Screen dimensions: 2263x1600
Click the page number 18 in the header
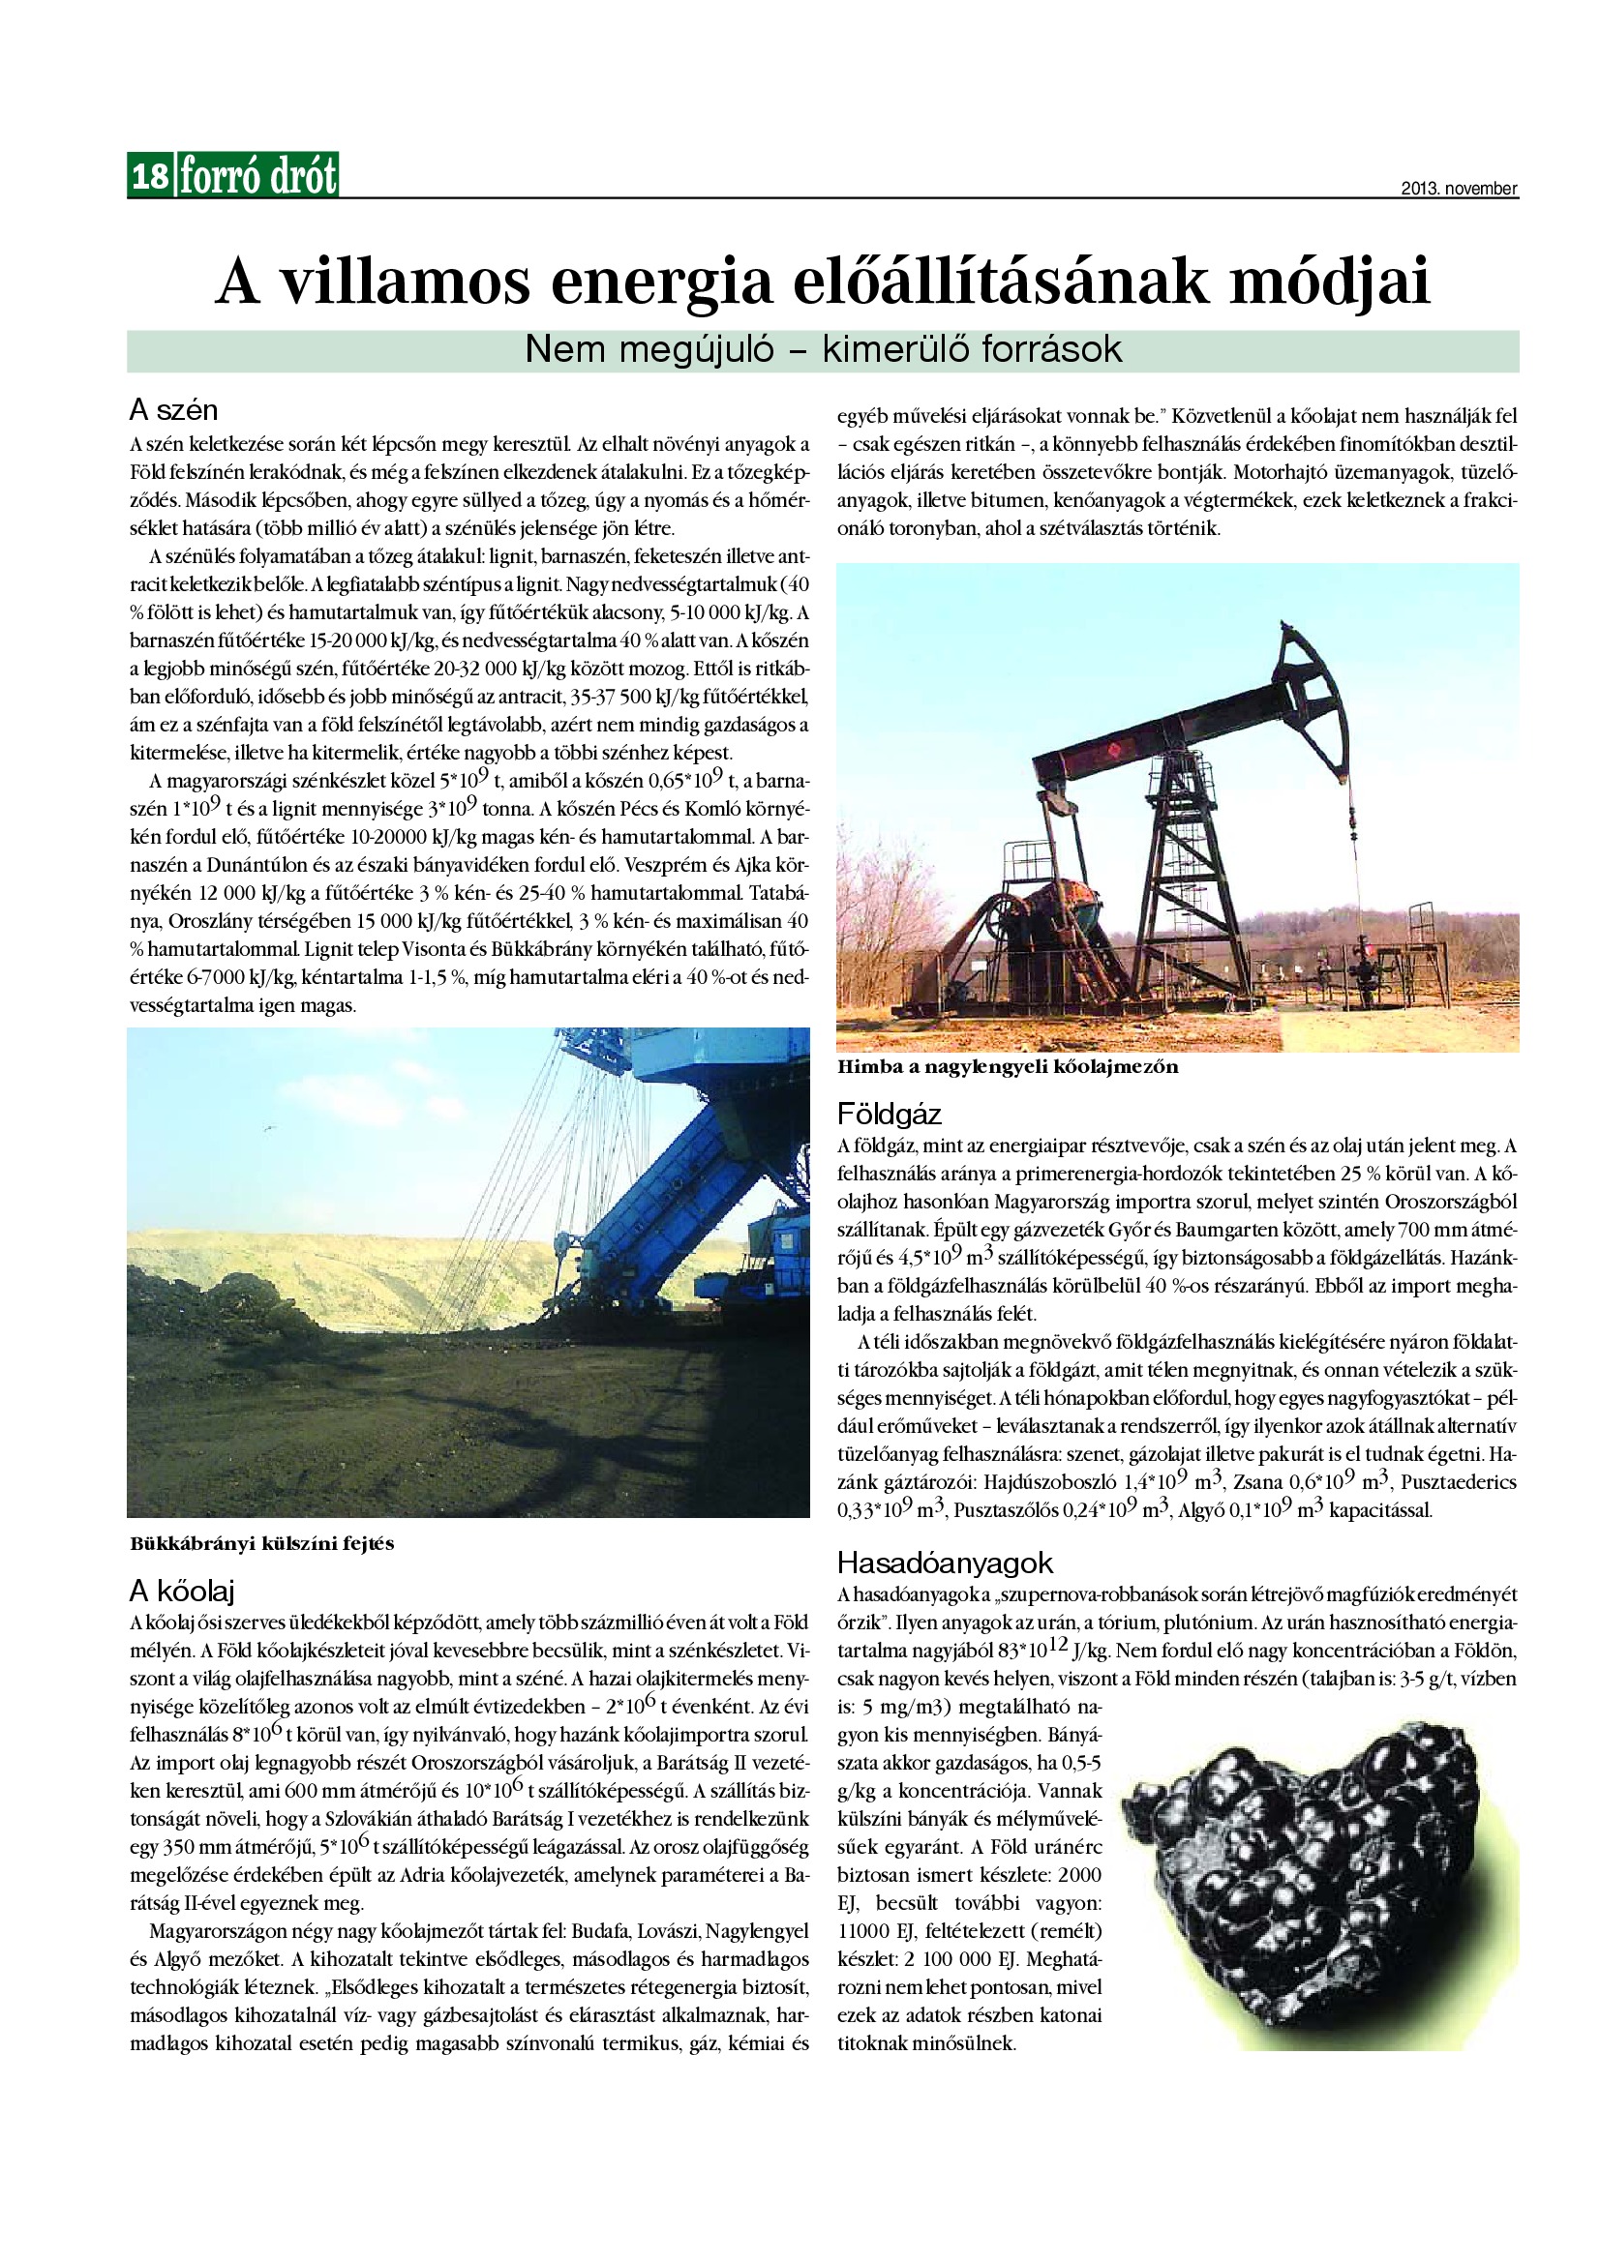(x=150, y=176)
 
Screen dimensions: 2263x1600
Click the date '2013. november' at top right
(x=1459, y=189)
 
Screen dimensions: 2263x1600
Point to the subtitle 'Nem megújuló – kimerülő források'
(x=823, y=350)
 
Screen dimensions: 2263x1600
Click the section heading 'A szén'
(x=173, y=409)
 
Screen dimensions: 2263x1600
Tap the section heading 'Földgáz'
(x=890, y=1115)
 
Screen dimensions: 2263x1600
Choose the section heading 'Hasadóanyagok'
(x=945, y=1563)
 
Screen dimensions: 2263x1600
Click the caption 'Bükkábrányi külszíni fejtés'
(x=262, y=1544)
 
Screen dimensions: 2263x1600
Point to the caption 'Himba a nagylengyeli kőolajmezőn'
(x=1008, y=1066)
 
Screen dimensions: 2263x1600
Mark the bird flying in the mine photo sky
(x=266, y=1128)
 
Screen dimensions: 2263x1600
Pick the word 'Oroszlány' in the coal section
(x=213, y=923)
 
